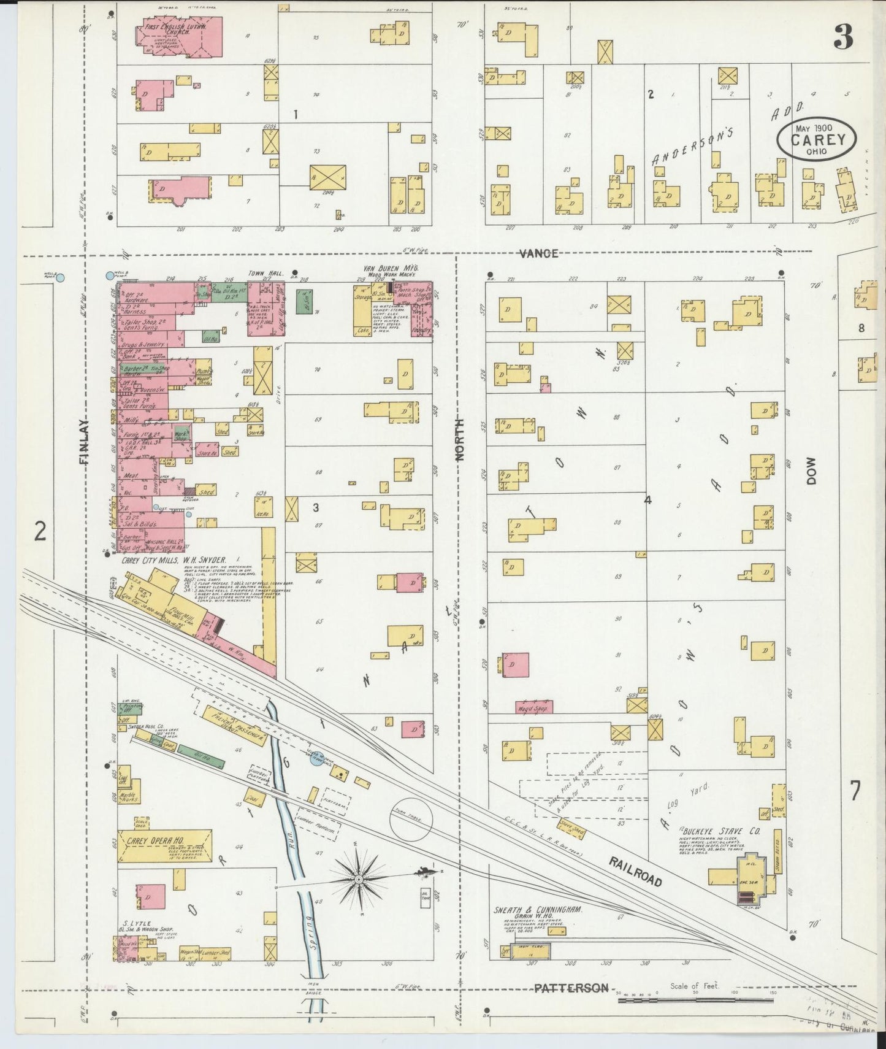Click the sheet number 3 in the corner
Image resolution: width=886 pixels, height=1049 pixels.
coord(844,38)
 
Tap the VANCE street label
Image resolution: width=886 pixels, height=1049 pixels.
coord(537,253)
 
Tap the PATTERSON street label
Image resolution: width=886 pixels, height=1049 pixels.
coord(571,988)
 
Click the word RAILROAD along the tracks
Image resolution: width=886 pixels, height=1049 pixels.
coord(635,872)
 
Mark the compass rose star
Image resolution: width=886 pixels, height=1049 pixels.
coord(357,880)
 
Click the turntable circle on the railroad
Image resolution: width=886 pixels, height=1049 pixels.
coord(411,819)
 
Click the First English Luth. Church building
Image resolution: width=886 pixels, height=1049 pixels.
coord(178,32)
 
